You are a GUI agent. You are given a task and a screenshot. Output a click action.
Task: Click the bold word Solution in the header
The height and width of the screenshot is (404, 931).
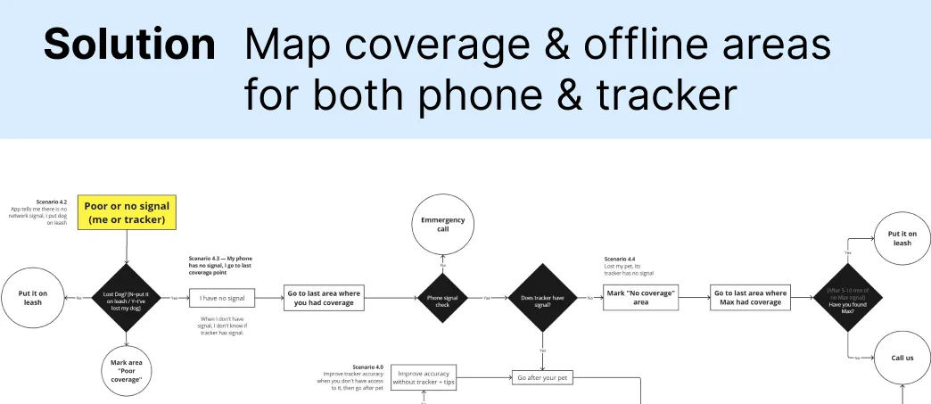point(129,45)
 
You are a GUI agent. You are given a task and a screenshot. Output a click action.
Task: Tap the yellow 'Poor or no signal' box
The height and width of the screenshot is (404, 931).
point(127,212)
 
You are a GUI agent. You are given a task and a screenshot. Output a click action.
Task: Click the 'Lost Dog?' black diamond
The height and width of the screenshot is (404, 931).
point(126,297)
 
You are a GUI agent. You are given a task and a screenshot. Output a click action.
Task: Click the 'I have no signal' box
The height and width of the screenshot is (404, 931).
point(223,297)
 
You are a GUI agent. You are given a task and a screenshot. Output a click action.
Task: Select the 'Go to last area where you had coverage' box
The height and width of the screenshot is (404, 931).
point(325,297)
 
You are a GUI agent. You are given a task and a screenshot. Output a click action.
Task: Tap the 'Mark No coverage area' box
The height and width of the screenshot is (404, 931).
point(641,297)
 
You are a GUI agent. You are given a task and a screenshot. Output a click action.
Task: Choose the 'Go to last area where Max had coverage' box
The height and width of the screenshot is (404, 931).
point(751,297)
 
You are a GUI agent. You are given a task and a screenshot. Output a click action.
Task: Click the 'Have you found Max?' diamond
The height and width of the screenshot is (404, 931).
point(846,298)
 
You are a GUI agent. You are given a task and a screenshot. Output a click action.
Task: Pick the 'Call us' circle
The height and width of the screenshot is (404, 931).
point(902,357)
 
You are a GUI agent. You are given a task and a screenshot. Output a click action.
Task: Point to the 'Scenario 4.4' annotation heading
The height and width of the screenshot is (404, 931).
point(622,260)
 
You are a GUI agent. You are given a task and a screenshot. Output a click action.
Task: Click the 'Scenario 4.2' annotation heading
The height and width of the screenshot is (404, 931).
point(52,202)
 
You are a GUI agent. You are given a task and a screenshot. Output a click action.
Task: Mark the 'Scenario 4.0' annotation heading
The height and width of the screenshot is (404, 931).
point(367,367)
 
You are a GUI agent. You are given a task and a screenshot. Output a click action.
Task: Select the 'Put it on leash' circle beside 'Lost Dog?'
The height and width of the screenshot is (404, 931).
point(33,297)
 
